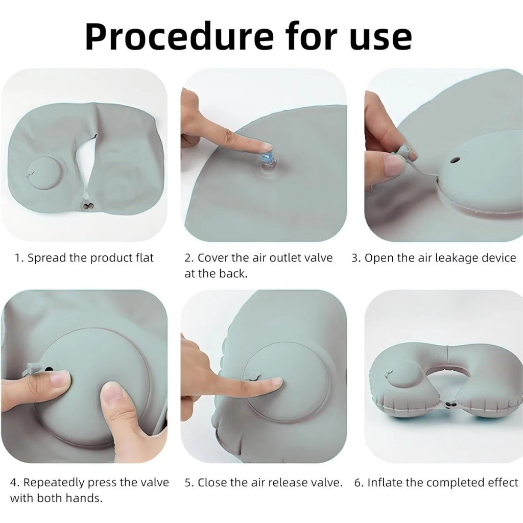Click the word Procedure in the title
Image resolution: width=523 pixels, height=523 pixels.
point(179,37)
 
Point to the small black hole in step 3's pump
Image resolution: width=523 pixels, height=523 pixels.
point(454,160)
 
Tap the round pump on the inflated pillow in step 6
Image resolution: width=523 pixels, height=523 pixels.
point(395,377)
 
